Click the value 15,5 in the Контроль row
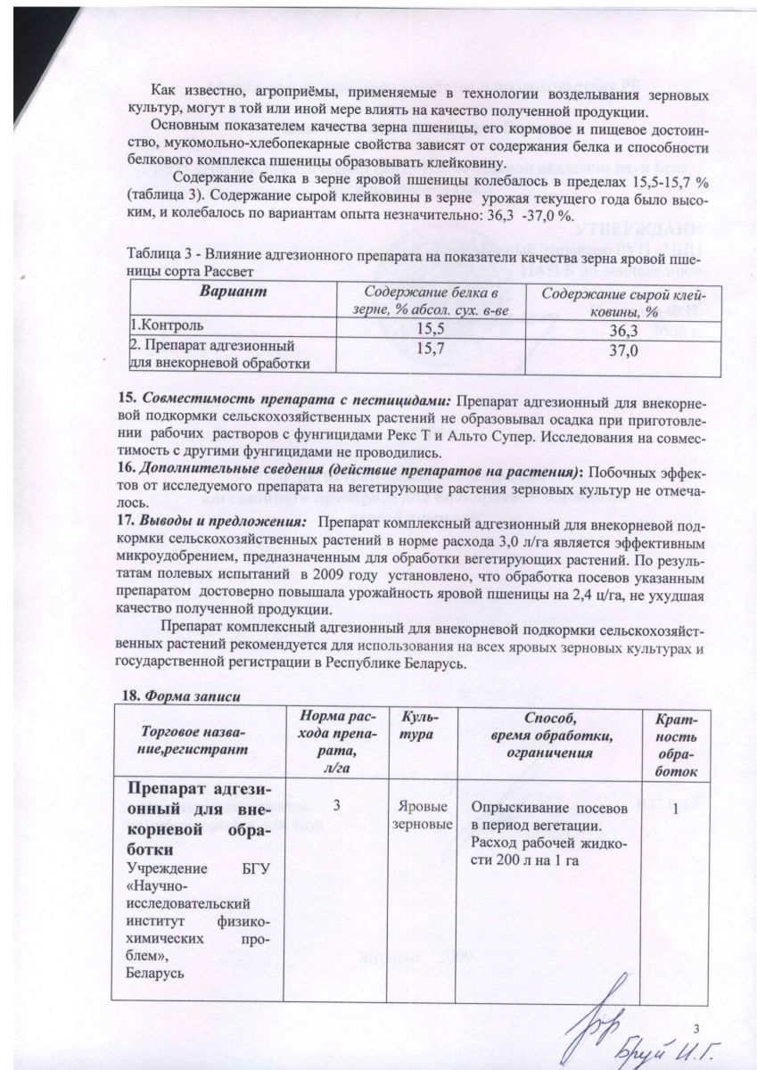click(x=430, y=328)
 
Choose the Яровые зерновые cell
click(x=421, y=815)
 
